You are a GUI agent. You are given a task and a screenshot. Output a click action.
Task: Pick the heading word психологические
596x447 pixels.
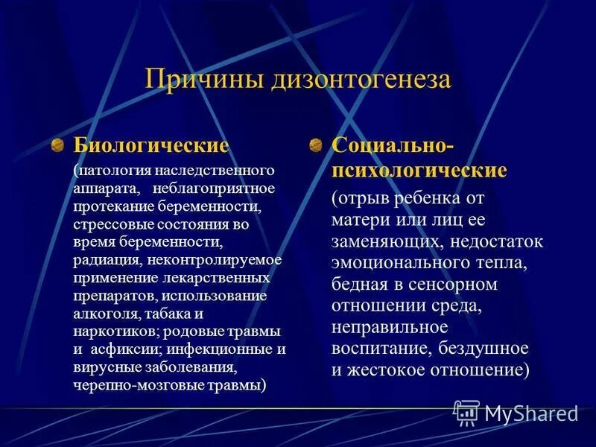pyautogui.click(x=419, y=170)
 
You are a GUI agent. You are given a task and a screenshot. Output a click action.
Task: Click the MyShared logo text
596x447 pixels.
pyautogui.click(x=530, y=413)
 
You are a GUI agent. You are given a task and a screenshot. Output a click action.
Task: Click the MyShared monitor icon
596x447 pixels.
pyautogui.click(x=466, y=412)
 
